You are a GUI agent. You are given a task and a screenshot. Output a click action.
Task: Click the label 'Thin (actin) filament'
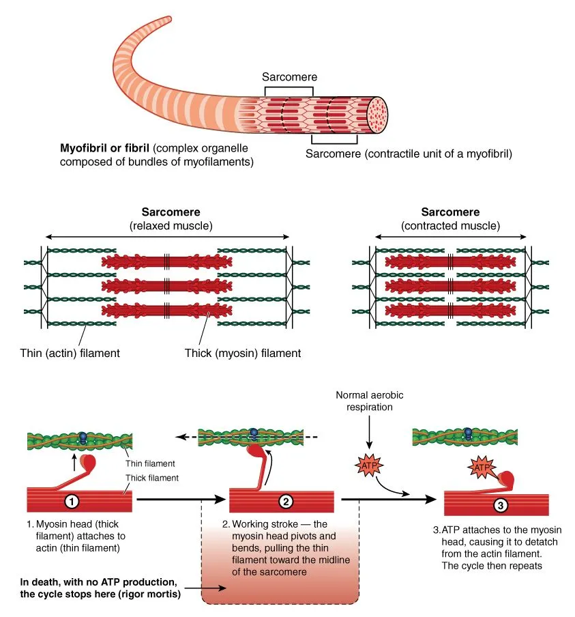(70, 354)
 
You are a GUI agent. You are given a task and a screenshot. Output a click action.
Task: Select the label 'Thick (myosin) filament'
(243, 354)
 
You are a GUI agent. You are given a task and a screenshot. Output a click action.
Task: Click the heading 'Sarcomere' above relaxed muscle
(171, 212)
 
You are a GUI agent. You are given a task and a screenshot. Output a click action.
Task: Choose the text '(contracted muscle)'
(450, 226)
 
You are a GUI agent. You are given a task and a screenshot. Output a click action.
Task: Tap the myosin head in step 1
(88, 462)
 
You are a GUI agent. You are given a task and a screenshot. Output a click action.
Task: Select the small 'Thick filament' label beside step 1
(151, 478)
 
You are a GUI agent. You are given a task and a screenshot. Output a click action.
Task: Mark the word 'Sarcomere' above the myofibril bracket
(289, 77)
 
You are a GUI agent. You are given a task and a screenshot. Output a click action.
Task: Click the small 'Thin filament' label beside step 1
(151, 463)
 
